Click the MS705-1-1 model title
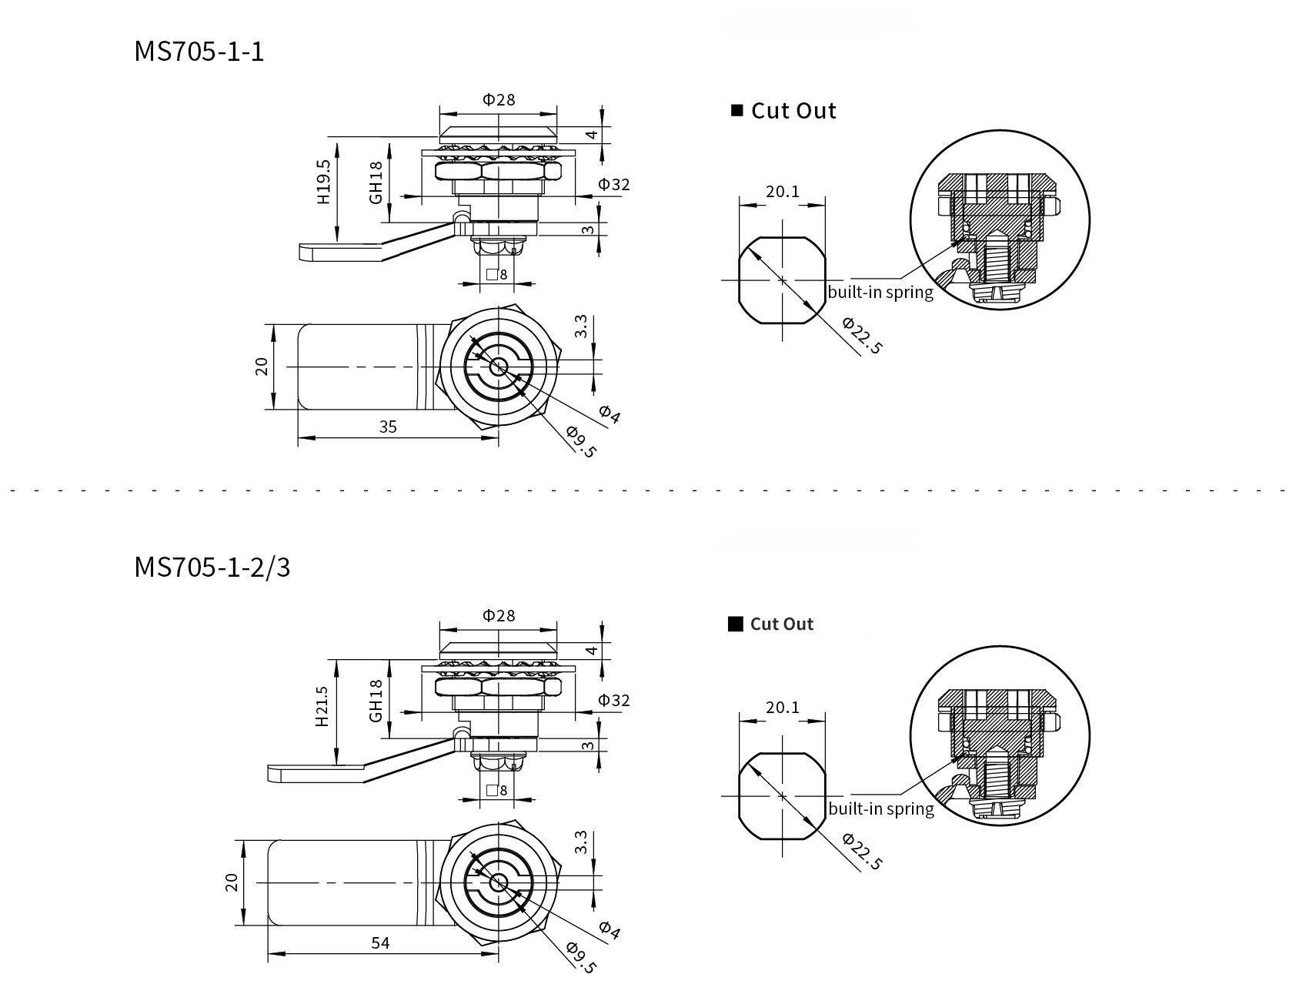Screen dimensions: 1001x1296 tap(199, 52)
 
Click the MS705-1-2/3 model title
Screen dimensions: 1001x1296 tap(212, 567)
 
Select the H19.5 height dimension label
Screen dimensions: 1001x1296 tap(323, 182)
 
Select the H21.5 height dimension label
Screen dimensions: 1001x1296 tap(322, 706)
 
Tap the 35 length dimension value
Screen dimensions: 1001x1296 tap(388, 427)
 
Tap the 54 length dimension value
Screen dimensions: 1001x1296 tap(380, 942)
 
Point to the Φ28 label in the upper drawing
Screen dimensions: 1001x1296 tap(498, 99)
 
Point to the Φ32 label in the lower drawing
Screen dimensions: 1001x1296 tap(614, 700)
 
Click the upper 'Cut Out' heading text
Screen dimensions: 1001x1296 tap(793, 111)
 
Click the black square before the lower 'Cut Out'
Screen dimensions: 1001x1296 tap(735, 624)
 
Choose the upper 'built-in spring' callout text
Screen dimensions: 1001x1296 tap(880, 293)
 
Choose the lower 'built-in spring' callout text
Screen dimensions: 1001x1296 tap(880, 808)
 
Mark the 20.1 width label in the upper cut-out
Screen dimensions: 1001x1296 tap(782, 191)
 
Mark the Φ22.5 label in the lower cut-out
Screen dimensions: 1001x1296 tap(861, 851)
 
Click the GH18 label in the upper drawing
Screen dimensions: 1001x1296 tap(376, 182)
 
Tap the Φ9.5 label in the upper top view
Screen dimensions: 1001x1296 tap(581, 442)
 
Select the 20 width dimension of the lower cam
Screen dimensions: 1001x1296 tap(232, 882)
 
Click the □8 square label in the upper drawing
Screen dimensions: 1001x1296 tap(497, 274)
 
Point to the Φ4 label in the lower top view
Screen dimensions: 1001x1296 tap(609, 930)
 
